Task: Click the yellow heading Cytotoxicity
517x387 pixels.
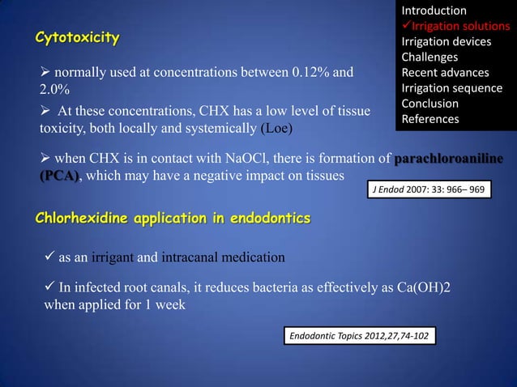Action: click(76, 38)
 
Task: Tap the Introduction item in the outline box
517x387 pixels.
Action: click(434, 11)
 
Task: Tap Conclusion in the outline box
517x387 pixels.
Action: click(429, 104)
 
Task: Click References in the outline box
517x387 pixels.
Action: click(429, 119)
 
